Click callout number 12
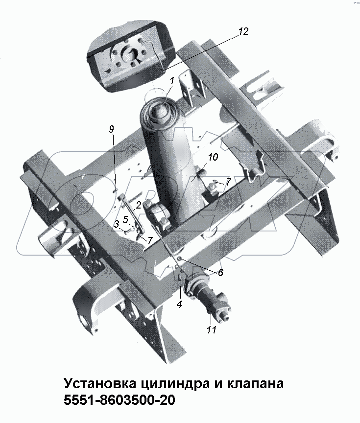pyautogui.click(x=243, y=32)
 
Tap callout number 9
pyautogui.click(x=112, y=129)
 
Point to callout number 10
pyautogui.click(x=213, y=158)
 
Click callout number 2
pyautogui.click(x=139, y=205)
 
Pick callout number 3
pyautogui.click(x=116, y=224)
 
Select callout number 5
pyautogui.click(x=126, y=219)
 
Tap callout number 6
pyautogui.click(x=220, y=273)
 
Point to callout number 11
pyautogui.click(x=211, y=330)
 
